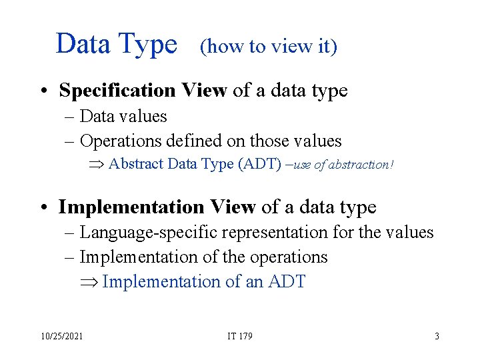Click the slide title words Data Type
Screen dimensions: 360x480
pyautogui.click(x=117, y=44)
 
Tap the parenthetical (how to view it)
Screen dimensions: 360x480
pyautogui.click(x=269, y=47)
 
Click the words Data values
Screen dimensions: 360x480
pyautogui.click(x=123, y=116)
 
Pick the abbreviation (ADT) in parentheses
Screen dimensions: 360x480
pyautogui.click(x=260, y=164)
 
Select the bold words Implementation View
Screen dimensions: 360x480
pyautogui.click(x=157, y=207)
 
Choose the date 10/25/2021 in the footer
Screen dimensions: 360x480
pyautogui.click(x=61, y=336)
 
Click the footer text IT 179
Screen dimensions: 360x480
pyautogui.click(x=240, y=336)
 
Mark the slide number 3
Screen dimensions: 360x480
pyautogui.click(x=437, y=336)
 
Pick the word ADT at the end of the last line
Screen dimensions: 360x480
pyautogui.click(x=286, y=281)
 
